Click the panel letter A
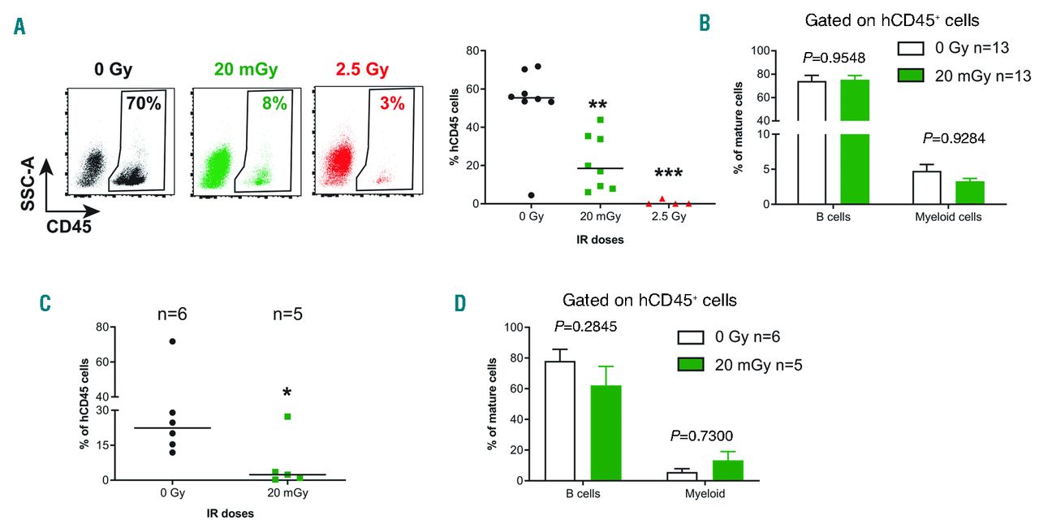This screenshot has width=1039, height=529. [x=19, y=26]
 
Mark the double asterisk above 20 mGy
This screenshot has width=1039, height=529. [x=599, y=106]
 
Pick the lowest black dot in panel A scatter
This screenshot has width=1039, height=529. [x=531, y=195]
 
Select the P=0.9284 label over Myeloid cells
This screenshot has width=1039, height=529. [x=951, y=138]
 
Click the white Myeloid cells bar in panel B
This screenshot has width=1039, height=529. [x=926, y=187]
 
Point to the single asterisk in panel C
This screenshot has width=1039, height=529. [x=287, y=393]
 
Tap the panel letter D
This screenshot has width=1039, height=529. [x=460, y=303]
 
